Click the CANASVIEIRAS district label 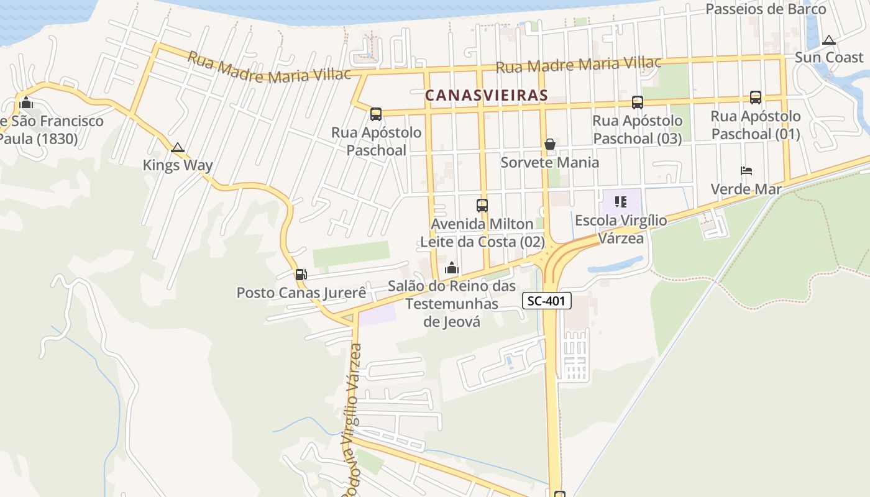point(487,95)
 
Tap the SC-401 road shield point(546,301)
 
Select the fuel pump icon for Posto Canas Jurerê point(301,274)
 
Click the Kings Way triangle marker point(178,148)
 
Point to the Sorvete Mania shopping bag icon point(550,144)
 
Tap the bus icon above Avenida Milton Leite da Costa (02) point(482,205)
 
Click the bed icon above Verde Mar point(746,170)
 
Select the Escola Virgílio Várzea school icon point(620,201)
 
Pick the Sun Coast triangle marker point(828,40)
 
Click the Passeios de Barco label point(766,9)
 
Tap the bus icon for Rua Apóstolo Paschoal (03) point(637,102)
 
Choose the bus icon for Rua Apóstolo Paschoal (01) point(756,97)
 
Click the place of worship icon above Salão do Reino point(452,268)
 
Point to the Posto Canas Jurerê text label point(301,293)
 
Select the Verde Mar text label point(746,189)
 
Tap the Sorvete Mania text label point(550,163)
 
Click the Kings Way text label point(178,165)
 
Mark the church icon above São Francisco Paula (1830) point(26,103)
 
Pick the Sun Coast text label point(829,57)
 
